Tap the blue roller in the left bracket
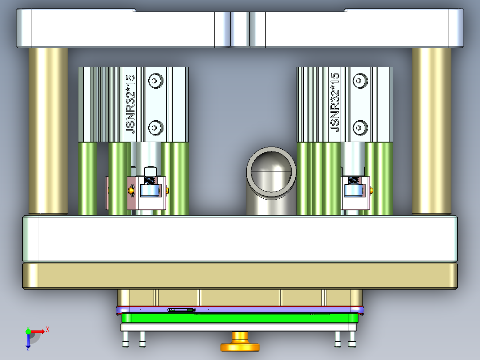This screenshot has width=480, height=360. point(149,192)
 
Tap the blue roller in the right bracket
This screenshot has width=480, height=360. point(354,192)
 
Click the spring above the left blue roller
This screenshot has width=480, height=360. point(151,180)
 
